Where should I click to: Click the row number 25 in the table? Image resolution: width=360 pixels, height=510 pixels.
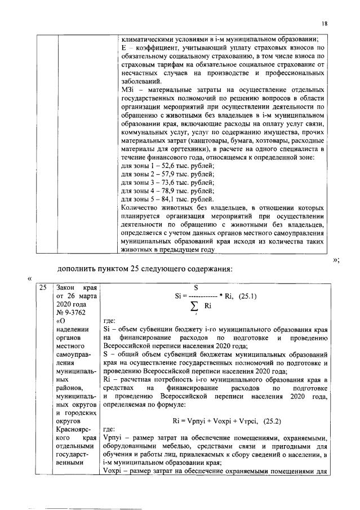41,287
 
